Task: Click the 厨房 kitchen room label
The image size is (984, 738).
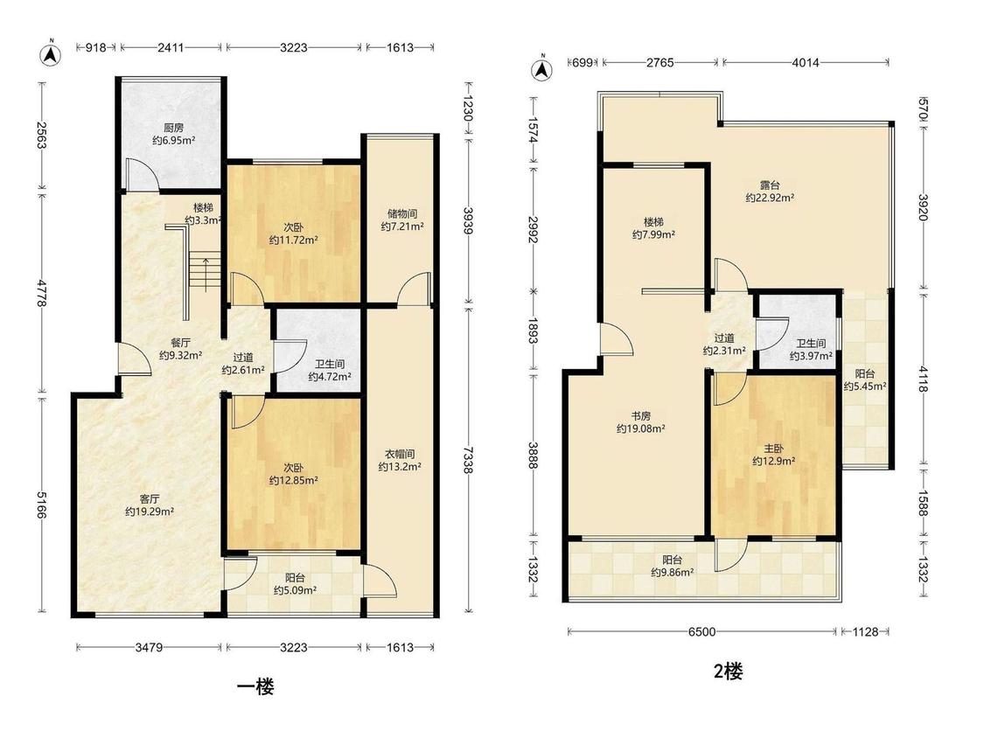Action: point(174,128)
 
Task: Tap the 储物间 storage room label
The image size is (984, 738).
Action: point(402,214)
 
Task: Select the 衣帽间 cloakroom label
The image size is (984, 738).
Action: point(400,454)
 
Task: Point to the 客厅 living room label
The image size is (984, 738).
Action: point(150,499)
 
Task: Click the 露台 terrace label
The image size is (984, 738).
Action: point(770,185)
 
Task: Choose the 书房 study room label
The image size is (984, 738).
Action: point(641,416)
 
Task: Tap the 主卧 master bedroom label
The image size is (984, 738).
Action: point(774,449)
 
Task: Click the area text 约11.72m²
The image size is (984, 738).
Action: point(293,240)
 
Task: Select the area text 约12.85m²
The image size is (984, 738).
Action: point(293,481)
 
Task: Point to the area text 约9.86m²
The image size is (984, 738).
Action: point(672,573)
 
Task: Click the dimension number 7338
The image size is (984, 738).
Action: point(468,459)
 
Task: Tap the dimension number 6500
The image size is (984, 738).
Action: point(701,632)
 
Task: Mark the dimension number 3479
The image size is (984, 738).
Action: point(150,647)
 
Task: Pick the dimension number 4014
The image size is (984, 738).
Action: point(806,62)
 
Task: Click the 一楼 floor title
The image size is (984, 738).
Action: point(255,686)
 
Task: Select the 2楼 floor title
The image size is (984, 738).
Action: point(729,672)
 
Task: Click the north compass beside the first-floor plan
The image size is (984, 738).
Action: point(51,55)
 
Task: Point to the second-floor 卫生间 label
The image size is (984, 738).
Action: point(811,344)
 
